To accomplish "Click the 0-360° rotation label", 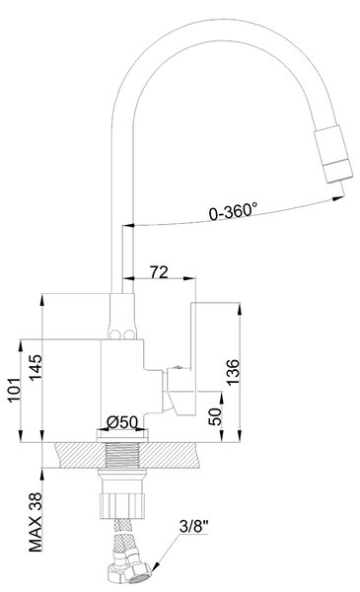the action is click(x=233, y=211).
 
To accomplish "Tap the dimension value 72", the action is click(x=159, y=272).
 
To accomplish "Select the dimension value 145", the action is click(x=36, y=368).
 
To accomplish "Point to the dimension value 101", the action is click(x=14, y=390).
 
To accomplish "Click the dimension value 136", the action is click(x=233, y=372).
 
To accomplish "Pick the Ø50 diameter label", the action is click(x=122, y=422).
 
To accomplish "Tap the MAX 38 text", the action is click(x=36, y=523).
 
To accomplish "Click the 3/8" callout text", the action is click(x=194, y=526).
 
